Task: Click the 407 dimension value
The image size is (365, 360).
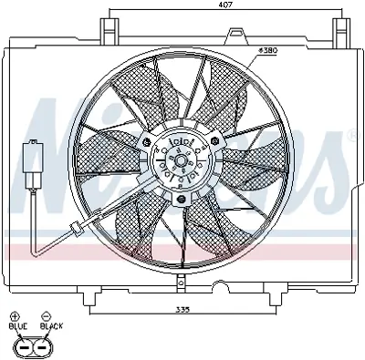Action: [x=223, y=6]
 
